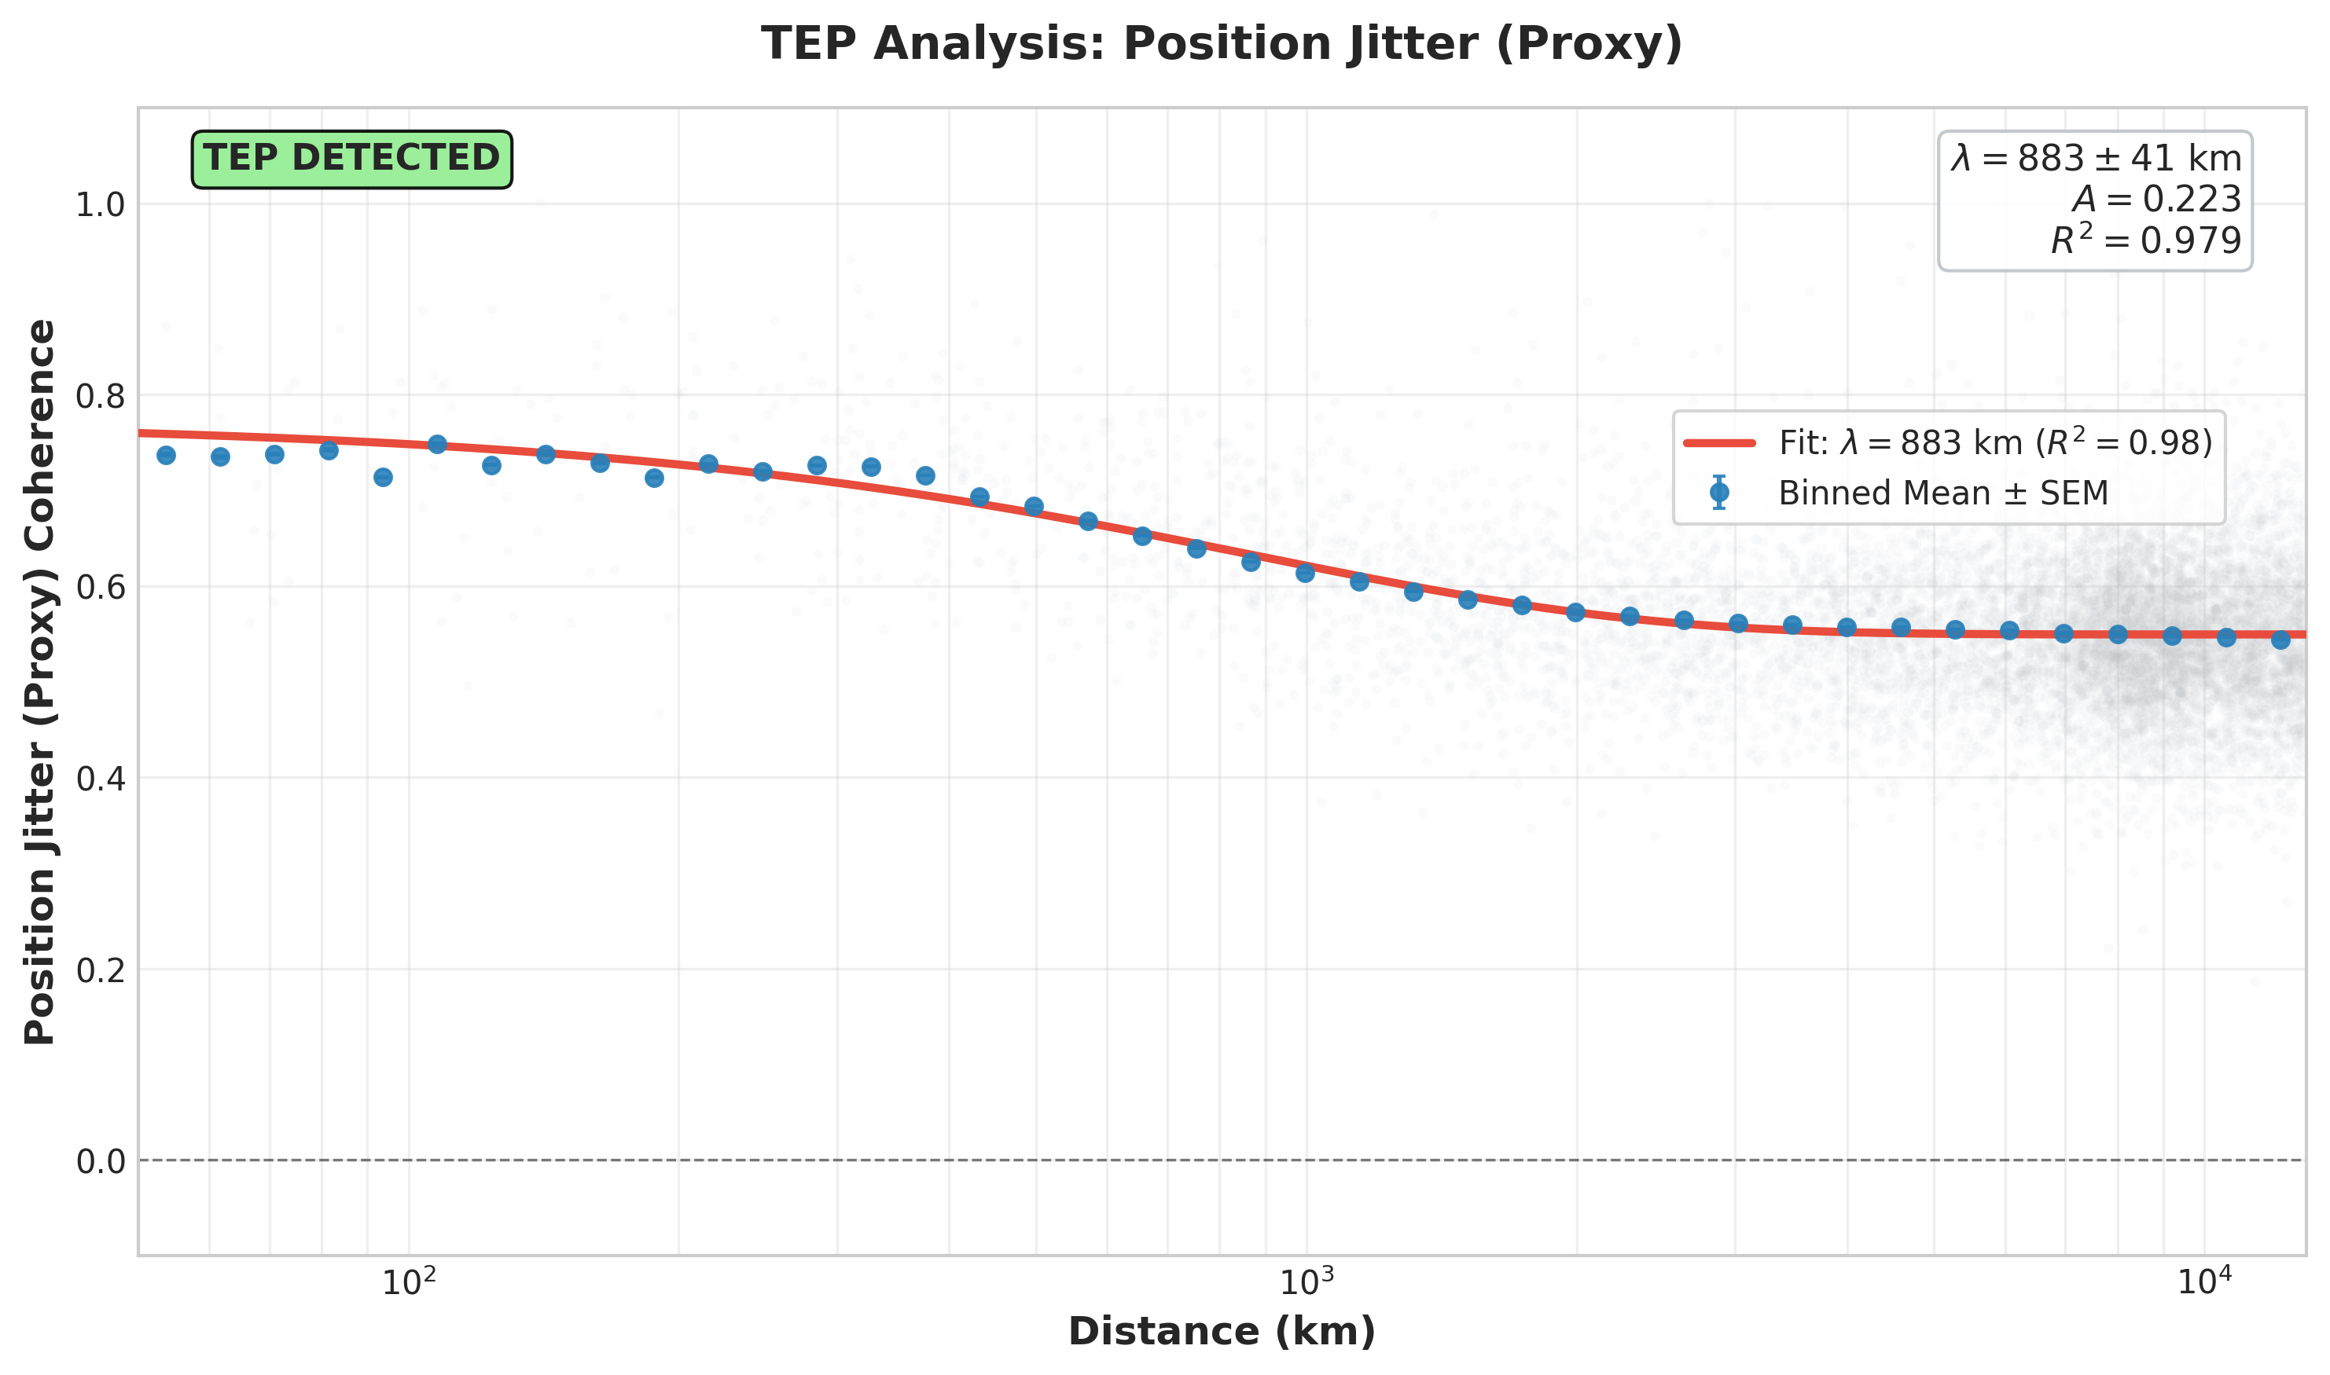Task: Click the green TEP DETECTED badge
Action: coord(351,159)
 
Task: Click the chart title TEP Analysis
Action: coord(1221,45)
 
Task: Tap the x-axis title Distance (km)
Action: coord(1221,1333)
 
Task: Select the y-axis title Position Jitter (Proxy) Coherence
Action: coord(40,682)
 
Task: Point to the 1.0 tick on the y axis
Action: coord(99,206)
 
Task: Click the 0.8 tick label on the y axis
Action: coord(99,397)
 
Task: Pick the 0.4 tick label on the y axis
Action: coord(99,779)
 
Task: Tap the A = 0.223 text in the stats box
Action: coord(2155,200)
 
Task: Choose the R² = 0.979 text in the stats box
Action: coord(2144,240)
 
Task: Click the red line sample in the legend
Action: coord(1719,444)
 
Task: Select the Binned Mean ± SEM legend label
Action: coord(1942,493)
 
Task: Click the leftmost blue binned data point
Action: coord(166,455)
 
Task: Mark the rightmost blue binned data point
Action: coord(2281,640)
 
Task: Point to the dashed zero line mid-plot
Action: coord(1221,1160)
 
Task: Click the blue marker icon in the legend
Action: coord(1719,493)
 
